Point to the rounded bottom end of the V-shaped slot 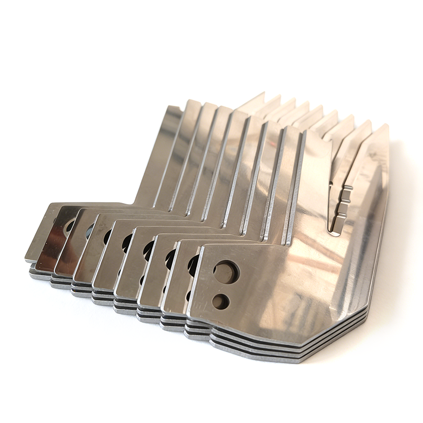point(335,231)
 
